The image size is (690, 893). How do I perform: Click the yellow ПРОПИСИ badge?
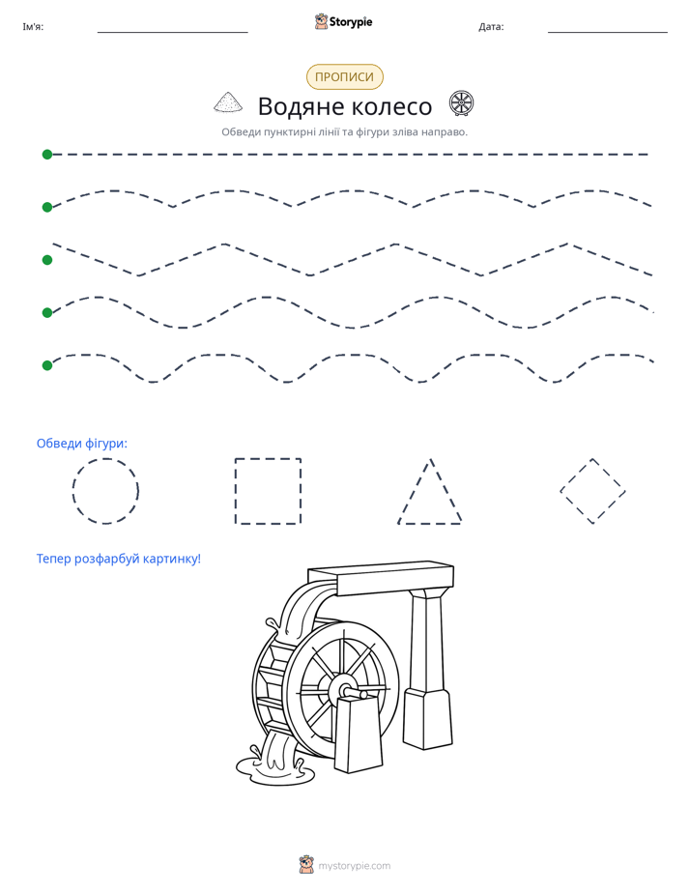[x=344, y=77]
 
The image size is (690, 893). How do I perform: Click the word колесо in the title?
[x=391, y=106]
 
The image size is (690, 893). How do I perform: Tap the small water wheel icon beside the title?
[x=461, y=103]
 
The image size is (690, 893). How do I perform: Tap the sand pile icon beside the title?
[x=228, y=101]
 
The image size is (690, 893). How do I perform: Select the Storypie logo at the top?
[x=343, y=21]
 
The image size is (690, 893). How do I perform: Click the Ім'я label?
[x=33, y=27]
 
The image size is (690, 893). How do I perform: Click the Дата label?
[x=491, y=27]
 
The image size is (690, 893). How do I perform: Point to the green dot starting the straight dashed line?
[x=47, y=155]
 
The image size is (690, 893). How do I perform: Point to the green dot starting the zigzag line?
[x=47, y=260]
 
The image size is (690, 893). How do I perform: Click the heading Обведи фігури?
[x=82, y=443]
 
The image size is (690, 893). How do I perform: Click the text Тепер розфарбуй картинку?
[x=119, y=559]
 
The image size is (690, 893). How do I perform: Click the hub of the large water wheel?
[x=342, y=690]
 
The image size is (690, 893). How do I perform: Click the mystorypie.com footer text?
[x=354, y=866]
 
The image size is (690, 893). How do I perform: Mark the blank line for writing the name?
[x=172, y=32]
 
